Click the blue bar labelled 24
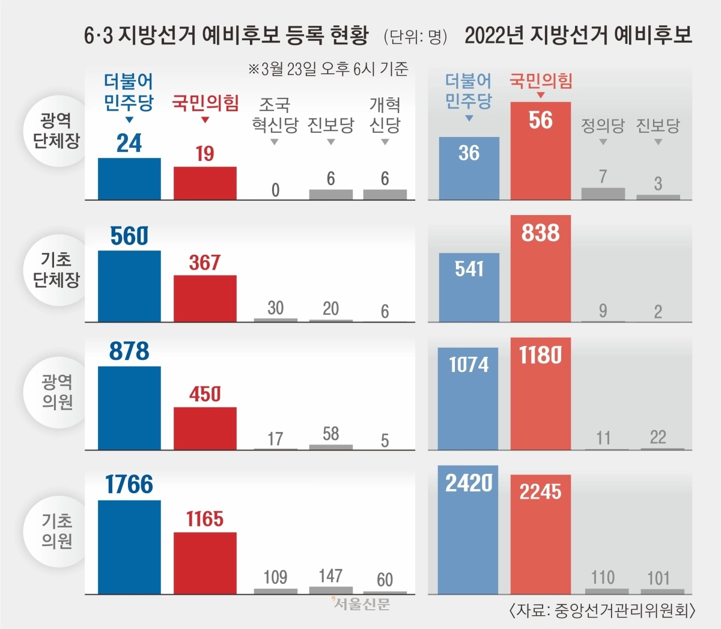click(129, 178)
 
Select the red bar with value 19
click(205, 183)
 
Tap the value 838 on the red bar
click(540, 233)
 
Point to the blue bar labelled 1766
click(129, 547)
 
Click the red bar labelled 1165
click(205, 563)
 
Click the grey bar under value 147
click(330, 590)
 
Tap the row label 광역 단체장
click(56, 130)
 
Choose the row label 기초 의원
click(57, 531)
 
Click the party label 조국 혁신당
click(275, 115)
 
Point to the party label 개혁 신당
click(385, 115)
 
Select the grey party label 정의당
click(603, 126)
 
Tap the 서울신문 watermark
click(361, 604)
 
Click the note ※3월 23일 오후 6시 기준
click(328, 69)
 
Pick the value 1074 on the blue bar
click(469, 364)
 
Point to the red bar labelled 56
click(540, 156)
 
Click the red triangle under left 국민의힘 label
click(205, 120)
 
